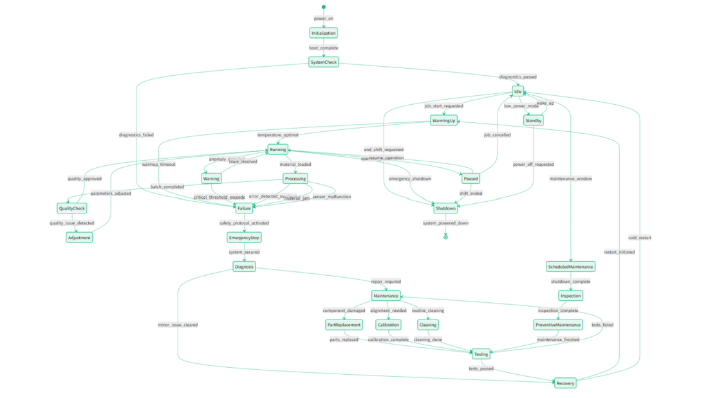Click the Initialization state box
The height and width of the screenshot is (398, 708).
[324, 33]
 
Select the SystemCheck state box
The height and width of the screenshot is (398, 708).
[324, 62]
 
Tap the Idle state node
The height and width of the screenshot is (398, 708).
[518, 91]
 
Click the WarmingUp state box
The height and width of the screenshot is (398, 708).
[443, 120]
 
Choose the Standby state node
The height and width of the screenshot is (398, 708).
[534, 120]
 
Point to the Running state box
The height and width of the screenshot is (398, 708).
[278, 150]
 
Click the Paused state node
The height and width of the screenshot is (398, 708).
[470, 179]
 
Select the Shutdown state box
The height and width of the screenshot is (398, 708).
[445, 208]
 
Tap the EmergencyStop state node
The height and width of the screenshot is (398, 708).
[245, 237]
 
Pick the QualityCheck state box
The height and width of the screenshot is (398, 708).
[71, 208]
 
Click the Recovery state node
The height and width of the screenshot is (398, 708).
[565, 383]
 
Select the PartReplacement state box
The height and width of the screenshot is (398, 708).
[344, 325]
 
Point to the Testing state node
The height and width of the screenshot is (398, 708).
[481, 354]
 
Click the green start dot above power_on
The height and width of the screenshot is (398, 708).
[324, 7]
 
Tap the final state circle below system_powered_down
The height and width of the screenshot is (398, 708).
[445, 237]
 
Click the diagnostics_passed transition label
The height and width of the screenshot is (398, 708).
[518, 77]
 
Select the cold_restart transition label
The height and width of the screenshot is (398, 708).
[639, 238]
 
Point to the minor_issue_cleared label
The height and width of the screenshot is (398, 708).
[178, 325]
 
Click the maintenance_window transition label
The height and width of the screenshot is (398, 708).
[571, 179]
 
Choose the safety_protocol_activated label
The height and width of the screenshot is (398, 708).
[245, 223]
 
